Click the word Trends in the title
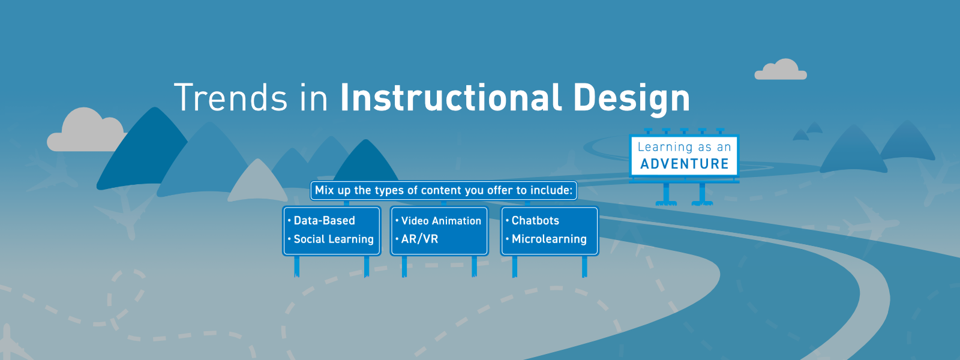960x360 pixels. click(x=230, y=97)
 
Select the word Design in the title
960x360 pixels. click(x=631, y=99)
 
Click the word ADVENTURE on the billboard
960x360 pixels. click(x=685, y=164)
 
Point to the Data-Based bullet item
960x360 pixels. click(x=324, y=220)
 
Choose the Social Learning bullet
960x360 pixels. click(x=334, y=239)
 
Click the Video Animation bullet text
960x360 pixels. click(x=441, y=221)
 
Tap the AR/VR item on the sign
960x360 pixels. click(x=419, y=239)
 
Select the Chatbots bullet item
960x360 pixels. click(x=535, y=220)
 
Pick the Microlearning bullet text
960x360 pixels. click(x=549, y=239)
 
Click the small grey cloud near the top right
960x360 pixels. click(x=781, y=70)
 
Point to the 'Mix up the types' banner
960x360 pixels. click(x=443, y=190)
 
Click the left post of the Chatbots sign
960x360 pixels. click(x=515, y=266)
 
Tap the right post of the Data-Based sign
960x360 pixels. click(x=367, y=266)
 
